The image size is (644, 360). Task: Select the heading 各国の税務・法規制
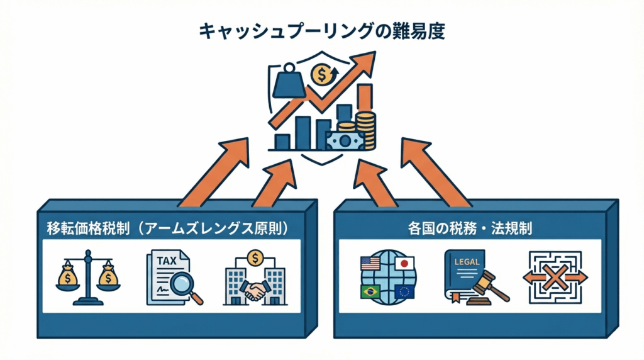tap(469, 228)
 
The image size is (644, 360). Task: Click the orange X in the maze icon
tap(554, 278)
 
